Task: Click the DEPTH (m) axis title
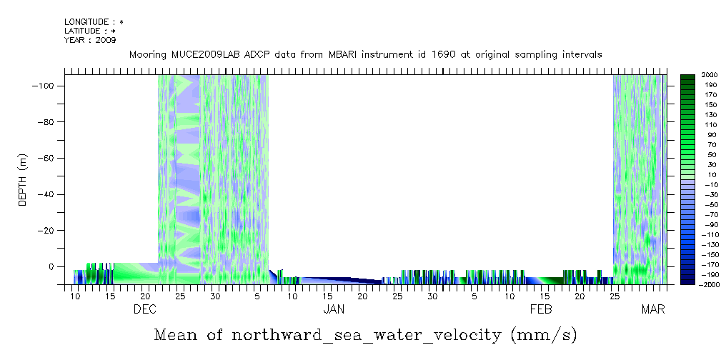pos(22,180)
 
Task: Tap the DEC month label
pos(145,309)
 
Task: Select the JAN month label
pos(334,309)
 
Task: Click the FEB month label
pos(541,309)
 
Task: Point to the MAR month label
pos(652,309)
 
